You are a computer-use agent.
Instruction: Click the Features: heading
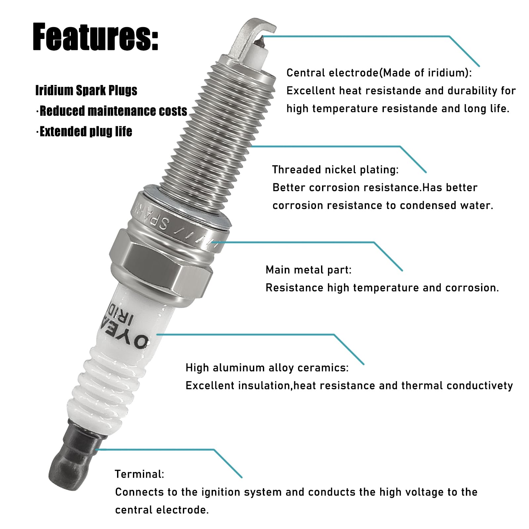point(96,37)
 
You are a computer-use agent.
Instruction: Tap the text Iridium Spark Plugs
point(86,91)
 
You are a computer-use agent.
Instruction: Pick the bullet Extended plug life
point(86,132)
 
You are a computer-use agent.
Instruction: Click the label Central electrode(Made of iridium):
point(379,73)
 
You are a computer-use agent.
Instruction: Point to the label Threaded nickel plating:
point(335,170)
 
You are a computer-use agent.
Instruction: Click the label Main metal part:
point(308,270)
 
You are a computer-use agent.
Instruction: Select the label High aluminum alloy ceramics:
point(267,368)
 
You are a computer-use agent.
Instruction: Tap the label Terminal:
point(139,474)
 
